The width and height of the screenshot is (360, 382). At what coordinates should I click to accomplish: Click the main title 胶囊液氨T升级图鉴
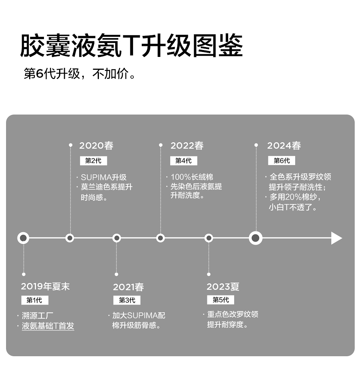click(131, 46)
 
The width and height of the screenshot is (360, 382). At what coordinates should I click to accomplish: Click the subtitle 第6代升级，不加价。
click(80, 74)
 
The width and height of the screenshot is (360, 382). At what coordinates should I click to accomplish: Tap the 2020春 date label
click(96, 146)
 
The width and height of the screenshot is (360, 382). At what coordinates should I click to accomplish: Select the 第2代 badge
click(93, 161)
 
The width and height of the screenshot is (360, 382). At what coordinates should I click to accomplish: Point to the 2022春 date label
click(187, 146)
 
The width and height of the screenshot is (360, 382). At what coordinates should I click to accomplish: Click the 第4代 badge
click(183, 161)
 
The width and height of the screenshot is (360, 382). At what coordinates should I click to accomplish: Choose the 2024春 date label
click(284, 146)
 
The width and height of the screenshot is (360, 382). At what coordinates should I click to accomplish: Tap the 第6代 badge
click(282, 161)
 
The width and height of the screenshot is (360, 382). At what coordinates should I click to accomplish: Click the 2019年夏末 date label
click(45, 286)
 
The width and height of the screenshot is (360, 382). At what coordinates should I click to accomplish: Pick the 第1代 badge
click(34, 300)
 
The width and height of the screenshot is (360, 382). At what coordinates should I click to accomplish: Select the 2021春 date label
click(128, 287)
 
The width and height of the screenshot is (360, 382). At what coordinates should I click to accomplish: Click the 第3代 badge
click(127, 300)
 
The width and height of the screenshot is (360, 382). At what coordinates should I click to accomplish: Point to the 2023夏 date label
click(223, 287)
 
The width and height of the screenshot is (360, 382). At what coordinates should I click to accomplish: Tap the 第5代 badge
click(221, 300)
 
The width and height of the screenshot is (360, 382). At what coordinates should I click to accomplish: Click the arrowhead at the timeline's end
click(336, 238)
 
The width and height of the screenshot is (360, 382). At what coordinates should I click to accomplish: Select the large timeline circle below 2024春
click(256, 238)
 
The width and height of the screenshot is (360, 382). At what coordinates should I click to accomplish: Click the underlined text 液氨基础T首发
click(48, 326)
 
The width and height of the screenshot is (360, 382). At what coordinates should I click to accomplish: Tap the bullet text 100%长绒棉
click(192, 177)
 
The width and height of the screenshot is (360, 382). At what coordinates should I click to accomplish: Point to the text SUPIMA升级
click(103, 178)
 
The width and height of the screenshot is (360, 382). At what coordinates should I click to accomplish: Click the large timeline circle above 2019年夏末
click(23, 238)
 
